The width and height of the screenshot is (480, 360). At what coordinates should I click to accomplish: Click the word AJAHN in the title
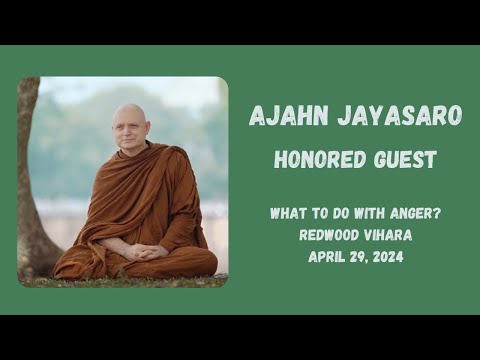(x=283, y=116)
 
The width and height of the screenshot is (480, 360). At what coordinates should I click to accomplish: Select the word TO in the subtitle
(x=318, y=213)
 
